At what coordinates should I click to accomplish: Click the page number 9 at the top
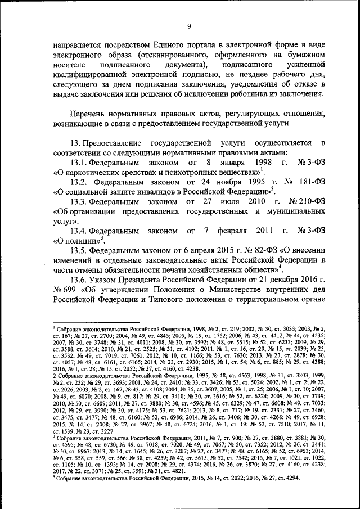click(x=190, y=26)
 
